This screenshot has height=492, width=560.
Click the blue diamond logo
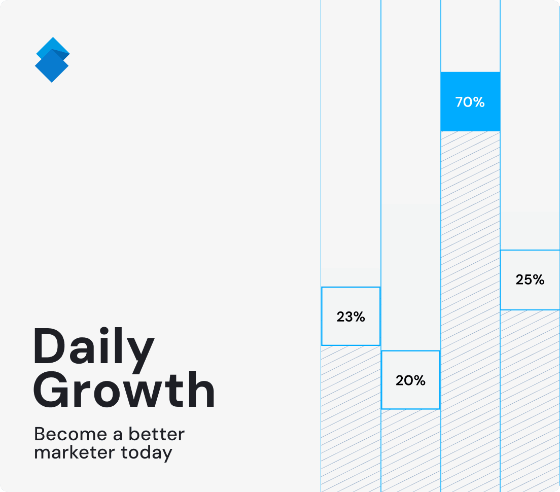52,60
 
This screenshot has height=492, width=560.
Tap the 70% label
470,102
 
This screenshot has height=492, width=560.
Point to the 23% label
351,317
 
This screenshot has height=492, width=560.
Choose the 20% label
411,380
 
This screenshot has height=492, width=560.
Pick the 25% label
530,279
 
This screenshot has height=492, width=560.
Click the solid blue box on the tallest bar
470,102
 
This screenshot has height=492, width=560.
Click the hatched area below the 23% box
351,419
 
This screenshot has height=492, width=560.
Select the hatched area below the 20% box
411,450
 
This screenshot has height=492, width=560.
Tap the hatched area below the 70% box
470,312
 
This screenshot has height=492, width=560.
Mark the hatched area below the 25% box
530,401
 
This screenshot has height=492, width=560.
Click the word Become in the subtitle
71,434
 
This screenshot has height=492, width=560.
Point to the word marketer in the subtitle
75,452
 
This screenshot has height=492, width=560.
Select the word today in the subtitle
147,453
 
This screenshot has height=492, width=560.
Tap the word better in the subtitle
156,434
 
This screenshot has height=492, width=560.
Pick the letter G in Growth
51,389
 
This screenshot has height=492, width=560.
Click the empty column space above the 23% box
351,143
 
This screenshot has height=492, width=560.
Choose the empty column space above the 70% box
470,36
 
